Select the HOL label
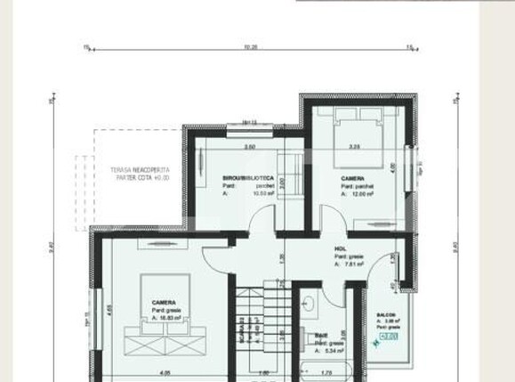coord(340,249)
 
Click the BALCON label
coord(386,314)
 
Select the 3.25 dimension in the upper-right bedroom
coord(354,146)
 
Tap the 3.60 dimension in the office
coord(250,146)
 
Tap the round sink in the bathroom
coord(310,305)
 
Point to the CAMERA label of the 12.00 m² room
coord(352,178)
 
